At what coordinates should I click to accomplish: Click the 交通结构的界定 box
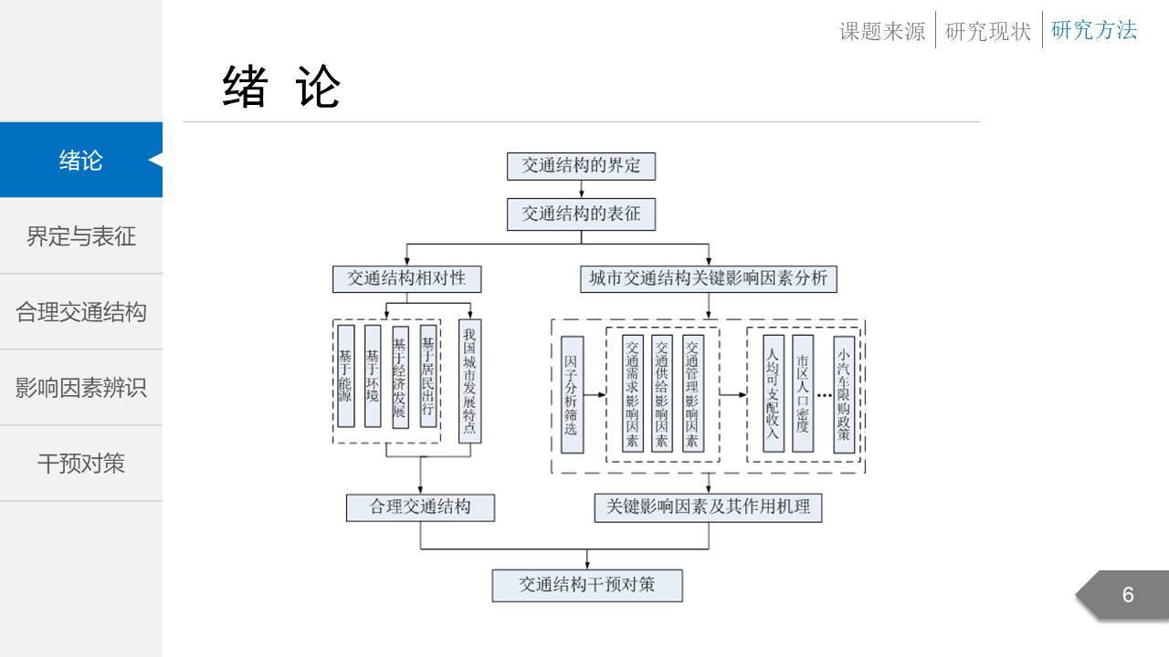[x=582, y=166]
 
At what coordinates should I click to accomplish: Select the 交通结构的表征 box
[x=582, y=214]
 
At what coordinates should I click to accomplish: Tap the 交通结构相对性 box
[x=406, y=278]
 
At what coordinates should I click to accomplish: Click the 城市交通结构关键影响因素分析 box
[x=709, y=278]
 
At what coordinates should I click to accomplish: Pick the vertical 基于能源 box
[x=345, y=375]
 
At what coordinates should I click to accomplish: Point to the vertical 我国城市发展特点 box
[x=469, y=381]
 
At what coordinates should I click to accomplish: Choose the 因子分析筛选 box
[x=572, y=394]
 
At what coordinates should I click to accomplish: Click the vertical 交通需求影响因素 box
[x=632, y=393]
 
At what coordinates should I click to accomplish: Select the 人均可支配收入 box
[x=774, y=393]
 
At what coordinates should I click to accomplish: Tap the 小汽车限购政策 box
[x=844, y=393]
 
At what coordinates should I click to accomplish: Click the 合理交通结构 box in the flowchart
[x=420, y=507]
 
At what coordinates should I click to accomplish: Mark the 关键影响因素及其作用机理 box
[x=708, y=507]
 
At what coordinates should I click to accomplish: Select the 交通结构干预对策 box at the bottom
[x=587, y=585]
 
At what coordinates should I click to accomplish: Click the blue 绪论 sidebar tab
[x=81, y=161]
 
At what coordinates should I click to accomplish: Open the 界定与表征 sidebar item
[x=81, y=236]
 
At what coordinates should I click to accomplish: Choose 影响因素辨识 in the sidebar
[x=81, y=388]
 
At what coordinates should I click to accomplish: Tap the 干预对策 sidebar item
[x=81, y=464]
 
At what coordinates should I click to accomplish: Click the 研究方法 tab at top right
[x=1094, y=30]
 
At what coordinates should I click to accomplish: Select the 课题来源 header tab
[x=882, y=31]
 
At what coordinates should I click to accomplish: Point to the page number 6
[x=1128, y=595]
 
